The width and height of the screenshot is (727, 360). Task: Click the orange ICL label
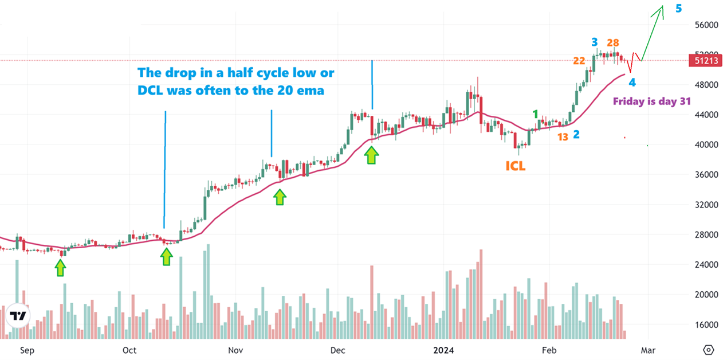click(x=515, y=166)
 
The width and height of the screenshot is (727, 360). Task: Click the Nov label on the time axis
click(x=235, y=349)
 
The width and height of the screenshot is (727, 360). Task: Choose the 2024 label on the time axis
click(x=445, y=349)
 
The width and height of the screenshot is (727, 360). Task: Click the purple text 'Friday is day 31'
click(x=652, y=101)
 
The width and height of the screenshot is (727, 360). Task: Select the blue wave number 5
click(x=678, y=9)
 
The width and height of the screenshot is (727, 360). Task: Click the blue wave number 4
click(x=632, y=83)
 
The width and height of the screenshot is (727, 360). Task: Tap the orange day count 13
click(x=563, y=137)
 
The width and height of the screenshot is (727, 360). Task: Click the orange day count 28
click(x=613, y=42)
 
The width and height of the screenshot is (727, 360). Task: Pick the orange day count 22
click(x=579, y=61)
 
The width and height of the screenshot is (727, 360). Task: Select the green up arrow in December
click(x=372, y=155)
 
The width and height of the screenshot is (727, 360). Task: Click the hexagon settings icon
click(x=709, y=349)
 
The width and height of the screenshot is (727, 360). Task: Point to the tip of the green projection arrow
click(x=663, y=6)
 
